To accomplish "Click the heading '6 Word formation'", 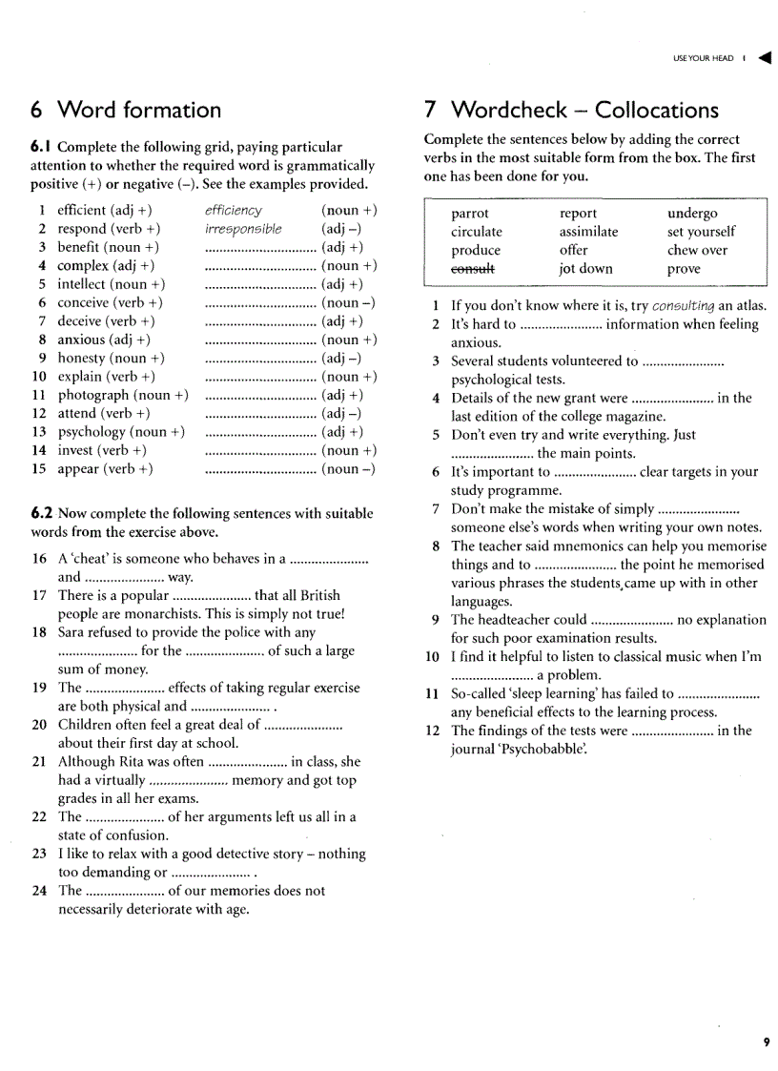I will pyautogui.click(x=126, y=110).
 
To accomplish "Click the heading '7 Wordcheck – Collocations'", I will pyautogui.click(x=570, y=110).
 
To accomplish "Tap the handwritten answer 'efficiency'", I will pyautogui.click(x=233, y=211).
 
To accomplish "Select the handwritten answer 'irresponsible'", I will pyautogui.click(x=243, y=229).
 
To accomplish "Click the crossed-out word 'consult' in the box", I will pyautogui.click(x=475, y=269).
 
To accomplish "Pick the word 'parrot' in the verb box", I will pyautogui.click(x=469, y=214).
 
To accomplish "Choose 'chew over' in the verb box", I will pyautogui.click(x=697, y=251).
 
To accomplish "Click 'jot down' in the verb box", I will pyautogui.click(x=585, y=269).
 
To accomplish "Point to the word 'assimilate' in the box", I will pyautogui.click(x=588, y=232).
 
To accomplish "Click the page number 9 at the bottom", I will pyautogui.click(x=766, y=1042).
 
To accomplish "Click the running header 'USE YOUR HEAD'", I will pyautogui.click(x=704, y=58).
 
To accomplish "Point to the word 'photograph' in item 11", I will pyautogui.click(x=92, y=395).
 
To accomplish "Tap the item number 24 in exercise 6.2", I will pyautogui.click(x=39, y=891).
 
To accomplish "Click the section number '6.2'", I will pyautogui.click(x=42, y=513).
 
